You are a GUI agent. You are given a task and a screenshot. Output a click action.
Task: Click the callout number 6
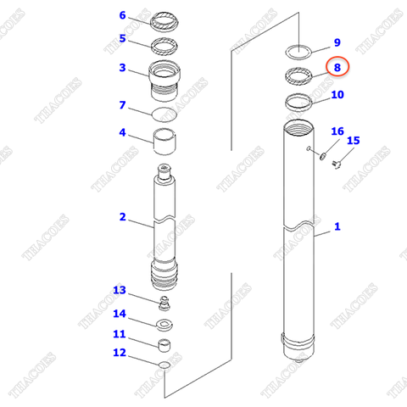122,15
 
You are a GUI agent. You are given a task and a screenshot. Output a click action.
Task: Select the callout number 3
122,68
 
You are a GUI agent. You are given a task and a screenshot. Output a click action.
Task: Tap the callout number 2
122,217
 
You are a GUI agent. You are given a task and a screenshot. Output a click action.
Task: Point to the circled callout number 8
337,66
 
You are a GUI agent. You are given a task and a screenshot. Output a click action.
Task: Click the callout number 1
337,226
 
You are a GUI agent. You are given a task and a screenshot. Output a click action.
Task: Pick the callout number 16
337,131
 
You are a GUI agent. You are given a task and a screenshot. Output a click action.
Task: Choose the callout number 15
354,141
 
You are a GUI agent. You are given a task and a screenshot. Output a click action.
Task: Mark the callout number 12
120,352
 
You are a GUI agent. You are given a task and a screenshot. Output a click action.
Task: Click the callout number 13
120,291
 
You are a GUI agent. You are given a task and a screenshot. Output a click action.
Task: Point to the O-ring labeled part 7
164,112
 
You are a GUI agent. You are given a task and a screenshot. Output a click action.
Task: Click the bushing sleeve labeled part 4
164,139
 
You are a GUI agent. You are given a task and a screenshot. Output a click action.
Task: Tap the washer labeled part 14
164,323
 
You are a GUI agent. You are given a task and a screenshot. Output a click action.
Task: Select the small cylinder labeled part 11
164,344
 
